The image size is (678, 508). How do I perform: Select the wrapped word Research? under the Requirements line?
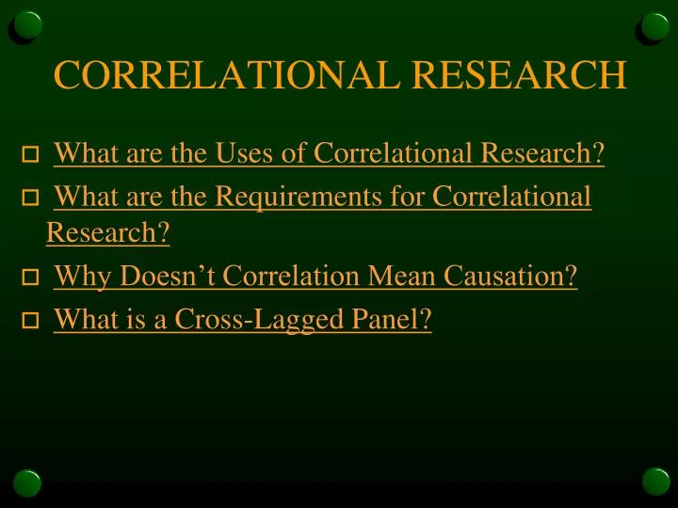click(107, 232)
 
